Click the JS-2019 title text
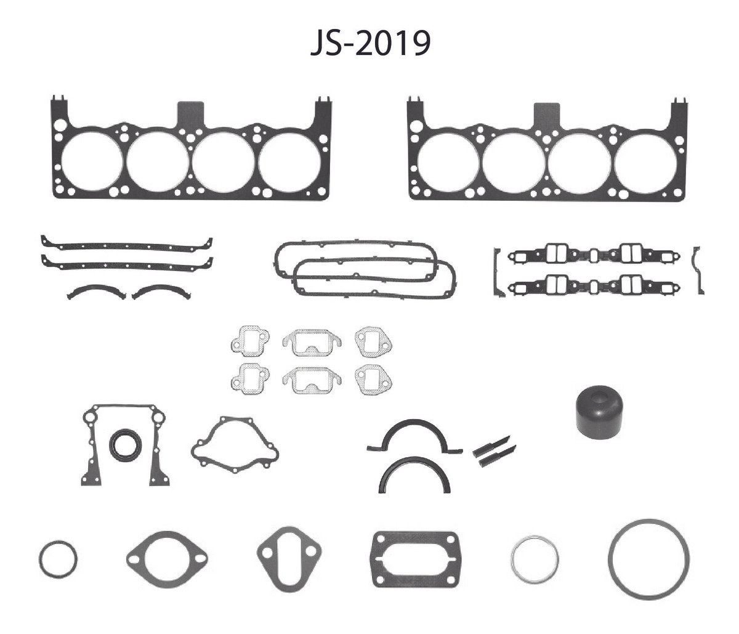[370, 44]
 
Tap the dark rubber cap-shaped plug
[600, 412]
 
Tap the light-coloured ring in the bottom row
[513, 559]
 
